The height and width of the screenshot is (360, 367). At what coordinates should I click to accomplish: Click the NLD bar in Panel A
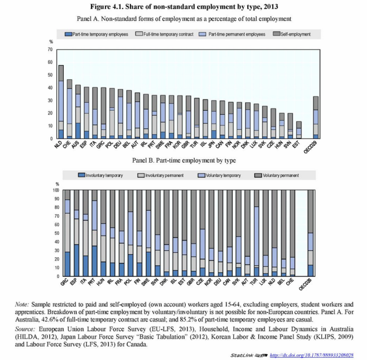click(x=61, y=102)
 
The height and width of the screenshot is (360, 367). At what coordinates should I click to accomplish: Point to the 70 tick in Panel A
click(x=51, y=50)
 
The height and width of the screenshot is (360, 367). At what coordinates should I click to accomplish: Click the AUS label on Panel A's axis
click(x=77, y=145)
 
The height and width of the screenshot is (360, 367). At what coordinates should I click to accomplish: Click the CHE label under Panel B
click(x=292, y=283)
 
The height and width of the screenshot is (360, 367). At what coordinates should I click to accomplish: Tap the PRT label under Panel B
click(x=94, y=283)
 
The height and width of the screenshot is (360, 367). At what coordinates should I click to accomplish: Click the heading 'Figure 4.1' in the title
click(x=136, y=7)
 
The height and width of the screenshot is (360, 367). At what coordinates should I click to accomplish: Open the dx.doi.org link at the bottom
click(x=312, y=355)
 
